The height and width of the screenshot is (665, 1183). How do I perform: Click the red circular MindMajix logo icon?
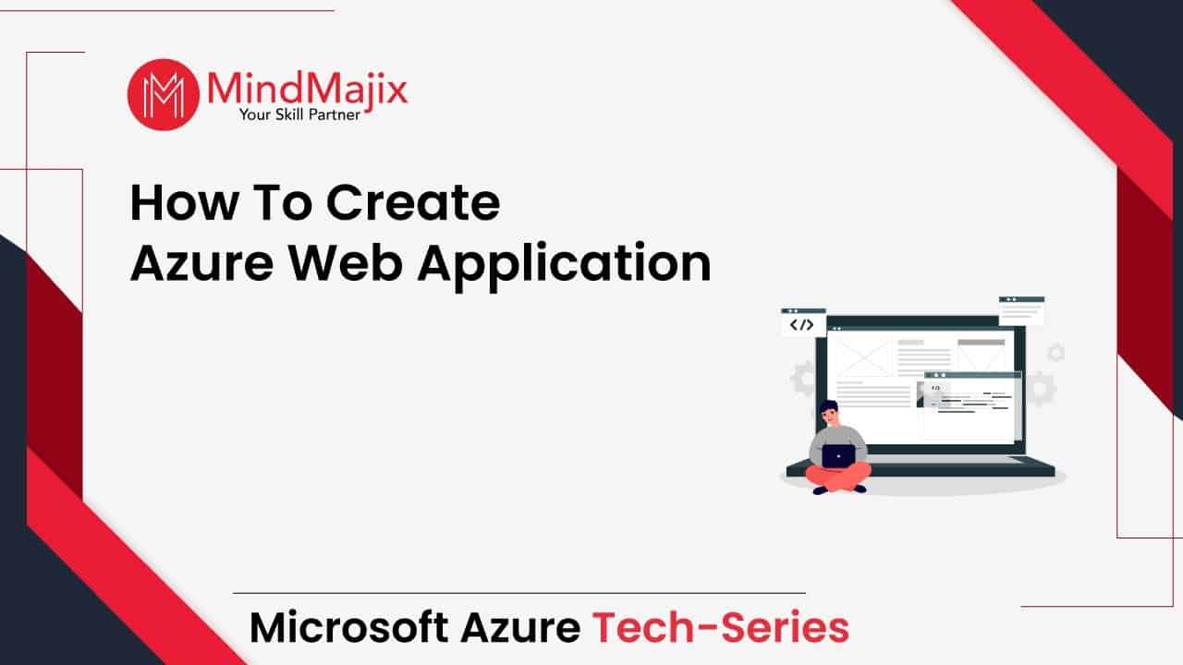tap(164, 94)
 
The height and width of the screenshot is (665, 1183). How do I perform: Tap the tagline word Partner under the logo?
tap(335, 115)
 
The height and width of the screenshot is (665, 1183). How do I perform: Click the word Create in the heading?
tap(413, 202)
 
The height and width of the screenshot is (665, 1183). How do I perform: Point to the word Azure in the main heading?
tap(202, 263)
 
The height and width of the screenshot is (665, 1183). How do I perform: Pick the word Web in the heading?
tap(346, 262)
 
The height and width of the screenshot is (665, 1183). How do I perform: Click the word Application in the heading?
tap(564, 266)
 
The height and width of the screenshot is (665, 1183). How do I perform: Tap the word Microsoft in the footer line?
tap(349, 627)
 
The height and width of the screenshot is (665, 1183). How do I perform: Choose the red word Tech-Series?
tap(720, 627)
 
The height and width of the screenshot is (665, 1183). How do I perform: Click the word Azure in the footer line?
tap(520, 627)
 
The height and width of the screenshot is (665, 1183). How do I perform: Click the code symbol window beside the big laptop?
tap(803, 322)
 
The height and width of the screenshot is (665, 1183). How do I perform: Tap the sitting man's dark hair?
tap(829, 407)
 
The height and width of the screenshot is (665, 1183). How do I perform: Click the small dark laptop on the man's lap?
tap(838, 456)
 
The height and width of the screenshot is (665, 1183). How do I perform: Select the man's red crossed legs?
tap(838, 478)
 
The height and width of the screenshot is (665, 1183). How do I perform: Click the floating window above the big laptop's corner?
tap(1021, 310)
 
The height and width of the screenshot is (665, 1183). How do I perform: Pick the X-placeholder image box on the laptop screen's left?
tap(863, 357)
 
